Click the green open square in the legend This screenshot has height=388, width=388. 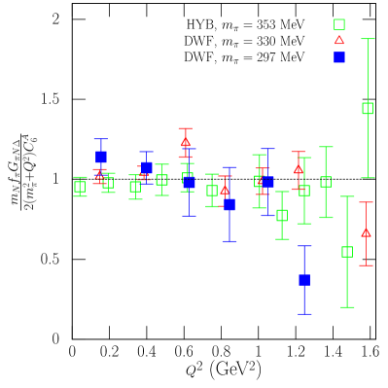pos(339,25)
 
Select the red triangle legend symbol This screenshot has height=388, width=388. pos(339,40)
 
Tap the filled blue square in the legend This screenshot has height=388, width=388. pos(339,57)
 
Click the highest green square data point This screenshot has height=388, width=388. pos(368,108)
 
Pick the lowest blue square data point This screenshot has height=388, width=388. pos(304,280)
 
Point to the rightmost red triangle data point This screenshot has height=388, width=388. pos(366,232)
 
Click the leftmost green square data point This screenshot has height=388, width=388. pos(80,186)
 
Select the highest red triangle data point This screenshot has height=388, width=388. pos(186,142)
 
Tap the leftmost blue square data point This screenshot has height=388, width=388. pos(100,157)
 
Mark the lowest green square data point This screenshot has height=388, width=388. pos(347,252)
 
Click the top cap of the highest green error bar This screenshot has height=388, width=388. pos(368,40)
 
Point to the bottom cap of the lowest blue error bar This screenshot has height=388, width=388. pos(304,314)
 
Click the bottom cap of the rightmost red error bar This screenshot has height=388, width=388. pos(366,265)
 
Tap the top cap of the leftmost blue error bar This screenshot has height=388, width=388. pos(100,139)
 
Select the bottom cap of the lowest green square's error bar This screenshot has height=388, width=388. pos(347,307)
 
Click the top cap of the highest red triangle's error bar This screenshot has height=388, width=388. pos(186,128)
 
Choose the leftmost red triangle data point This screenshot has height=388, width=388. pos(98,176)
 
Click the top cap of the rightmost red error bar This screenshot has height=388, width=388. pos(366,202)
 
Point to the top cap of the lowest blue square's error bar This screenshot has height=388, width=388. pos(304,246)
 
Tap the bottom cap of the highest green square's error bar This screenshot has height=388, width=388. pos(368,178)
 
